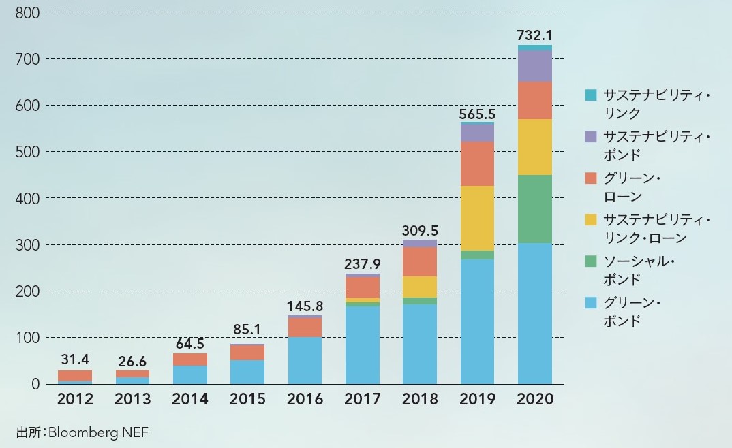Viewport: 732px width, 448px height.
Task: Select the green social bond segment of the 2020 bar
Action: tap(534, 209)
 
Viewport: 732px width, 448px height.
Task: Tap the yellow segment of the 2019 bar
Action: tap(477, 218)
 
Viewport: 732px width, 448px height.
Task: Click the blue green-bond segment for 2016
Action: tap(305, 360)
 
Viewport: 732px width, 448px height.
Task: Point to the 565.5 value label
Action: tap(477, 113)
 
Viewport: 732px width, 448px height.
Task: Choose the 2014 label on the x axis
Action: tap(189, 400)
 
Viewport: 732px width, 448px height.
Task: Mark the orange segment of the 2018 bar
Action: tap(420, 261)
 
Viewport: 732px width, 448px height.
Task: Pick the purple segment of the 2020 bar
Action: tap(534, 66)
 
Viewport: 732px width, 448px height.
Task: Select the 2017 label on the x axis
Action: tap(362, 400)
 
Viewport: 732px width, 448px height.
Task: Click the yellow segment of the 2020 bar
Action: tap(534, 147)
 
